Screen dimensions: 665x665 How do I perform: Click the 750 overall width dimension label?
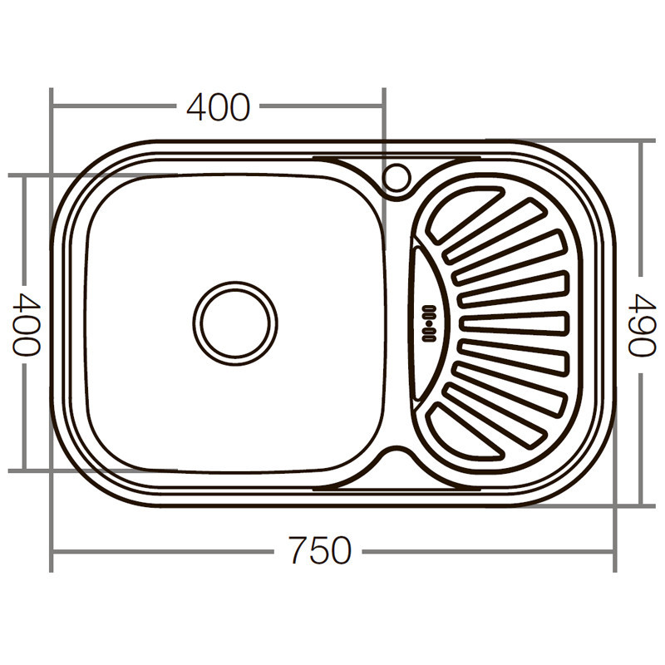pyautogui.click(x=320, y=550)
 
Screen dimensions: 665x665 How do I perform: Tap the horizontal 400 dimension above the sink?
pyautogui.click(x=218, y=107)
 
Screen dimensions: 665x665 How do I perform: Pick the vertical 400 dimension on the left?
pyautogui.click(x=26, y=323)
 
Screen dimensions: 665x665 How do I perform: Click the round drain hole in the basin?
pyautogui.click(x=235, y=323)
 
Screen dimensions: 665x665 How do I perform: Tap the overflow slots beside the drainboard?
pyautogui.click(x=429, y=323)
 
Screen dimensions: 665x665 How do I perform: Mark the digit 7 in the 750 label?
pyautogui.click(x=298, y=550)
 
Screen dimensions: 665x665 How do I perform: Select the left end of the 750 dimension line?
pyautogui.click(x=52, y=550)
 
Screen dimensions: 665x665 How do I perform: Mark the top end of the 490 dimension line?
pyautogui.click(x=641, y=141)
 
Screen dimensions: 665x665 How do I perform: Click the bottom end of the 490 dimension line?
pyautogui.click(x=641, y=505)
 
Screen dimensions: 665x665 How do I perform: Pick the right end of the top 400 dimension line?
pyautogui.click(x=383, y=106)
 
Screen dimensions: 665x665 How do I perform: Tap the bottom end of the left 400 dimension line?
pyautogui.click(x=25, y=470)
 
